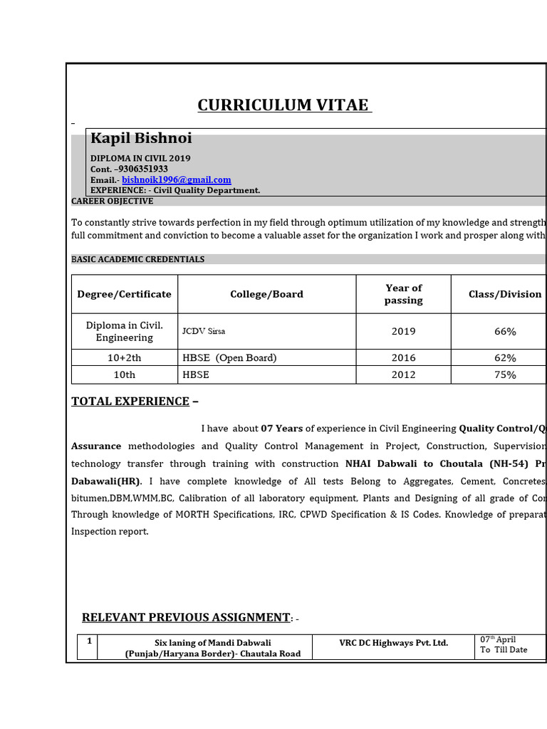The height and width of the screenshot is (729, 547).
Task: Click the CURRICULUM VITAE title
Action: pos(283,105)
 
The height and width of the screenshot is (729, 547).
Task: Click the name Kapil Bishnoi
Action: pos(141,138)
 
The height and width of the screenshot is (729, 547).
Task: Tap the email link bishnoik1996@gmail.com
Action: pos(176,180)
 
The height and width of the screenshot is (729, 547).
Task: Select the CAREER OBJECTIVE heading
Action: pos(112,201)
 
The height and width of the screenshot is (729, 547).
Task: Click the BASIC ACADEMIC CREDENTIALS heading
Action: pos(137,259)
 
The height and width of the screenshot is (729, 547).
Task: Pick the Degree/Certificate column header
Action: pos(125,294)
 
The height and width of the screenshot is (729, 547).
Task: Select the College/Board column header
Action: pos(266,294)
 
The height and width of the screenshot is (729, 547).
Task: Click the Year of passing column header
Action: pos(403,294)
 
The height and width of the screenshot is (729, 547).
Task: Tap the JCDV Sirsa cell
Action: pos(204,332)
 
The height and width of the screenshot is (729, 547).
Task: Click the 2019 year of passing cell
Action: pos(403,332)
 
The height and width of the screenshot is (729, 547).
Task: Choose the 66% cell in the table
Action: pos(505,332)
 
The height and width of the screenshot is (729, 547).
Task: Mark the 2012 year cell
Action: pos(403,375)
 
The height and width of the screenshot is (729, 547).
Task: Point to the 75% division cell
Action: pos(505,375)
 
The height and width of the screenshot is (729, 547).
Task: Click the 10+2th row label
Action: pos(125,358)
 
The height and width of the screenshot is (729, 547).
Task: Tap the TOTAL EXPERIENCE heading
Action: pos(130,402)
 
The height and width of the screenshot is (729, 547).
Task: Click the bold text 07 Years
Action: pos(281,429)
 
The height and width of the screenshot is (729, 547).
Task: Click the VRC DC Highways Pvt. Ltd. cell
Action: pos(394,643)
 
